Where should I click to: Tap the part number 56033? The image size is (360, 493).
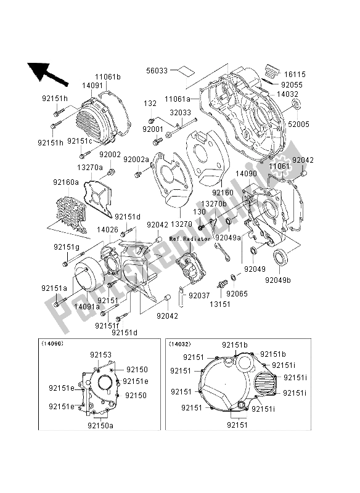click(159, 71)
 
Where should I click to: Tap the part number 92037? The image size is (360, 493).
click(200, 296)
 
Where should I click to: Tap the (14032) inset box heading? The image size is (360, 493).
click(184, 343)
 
